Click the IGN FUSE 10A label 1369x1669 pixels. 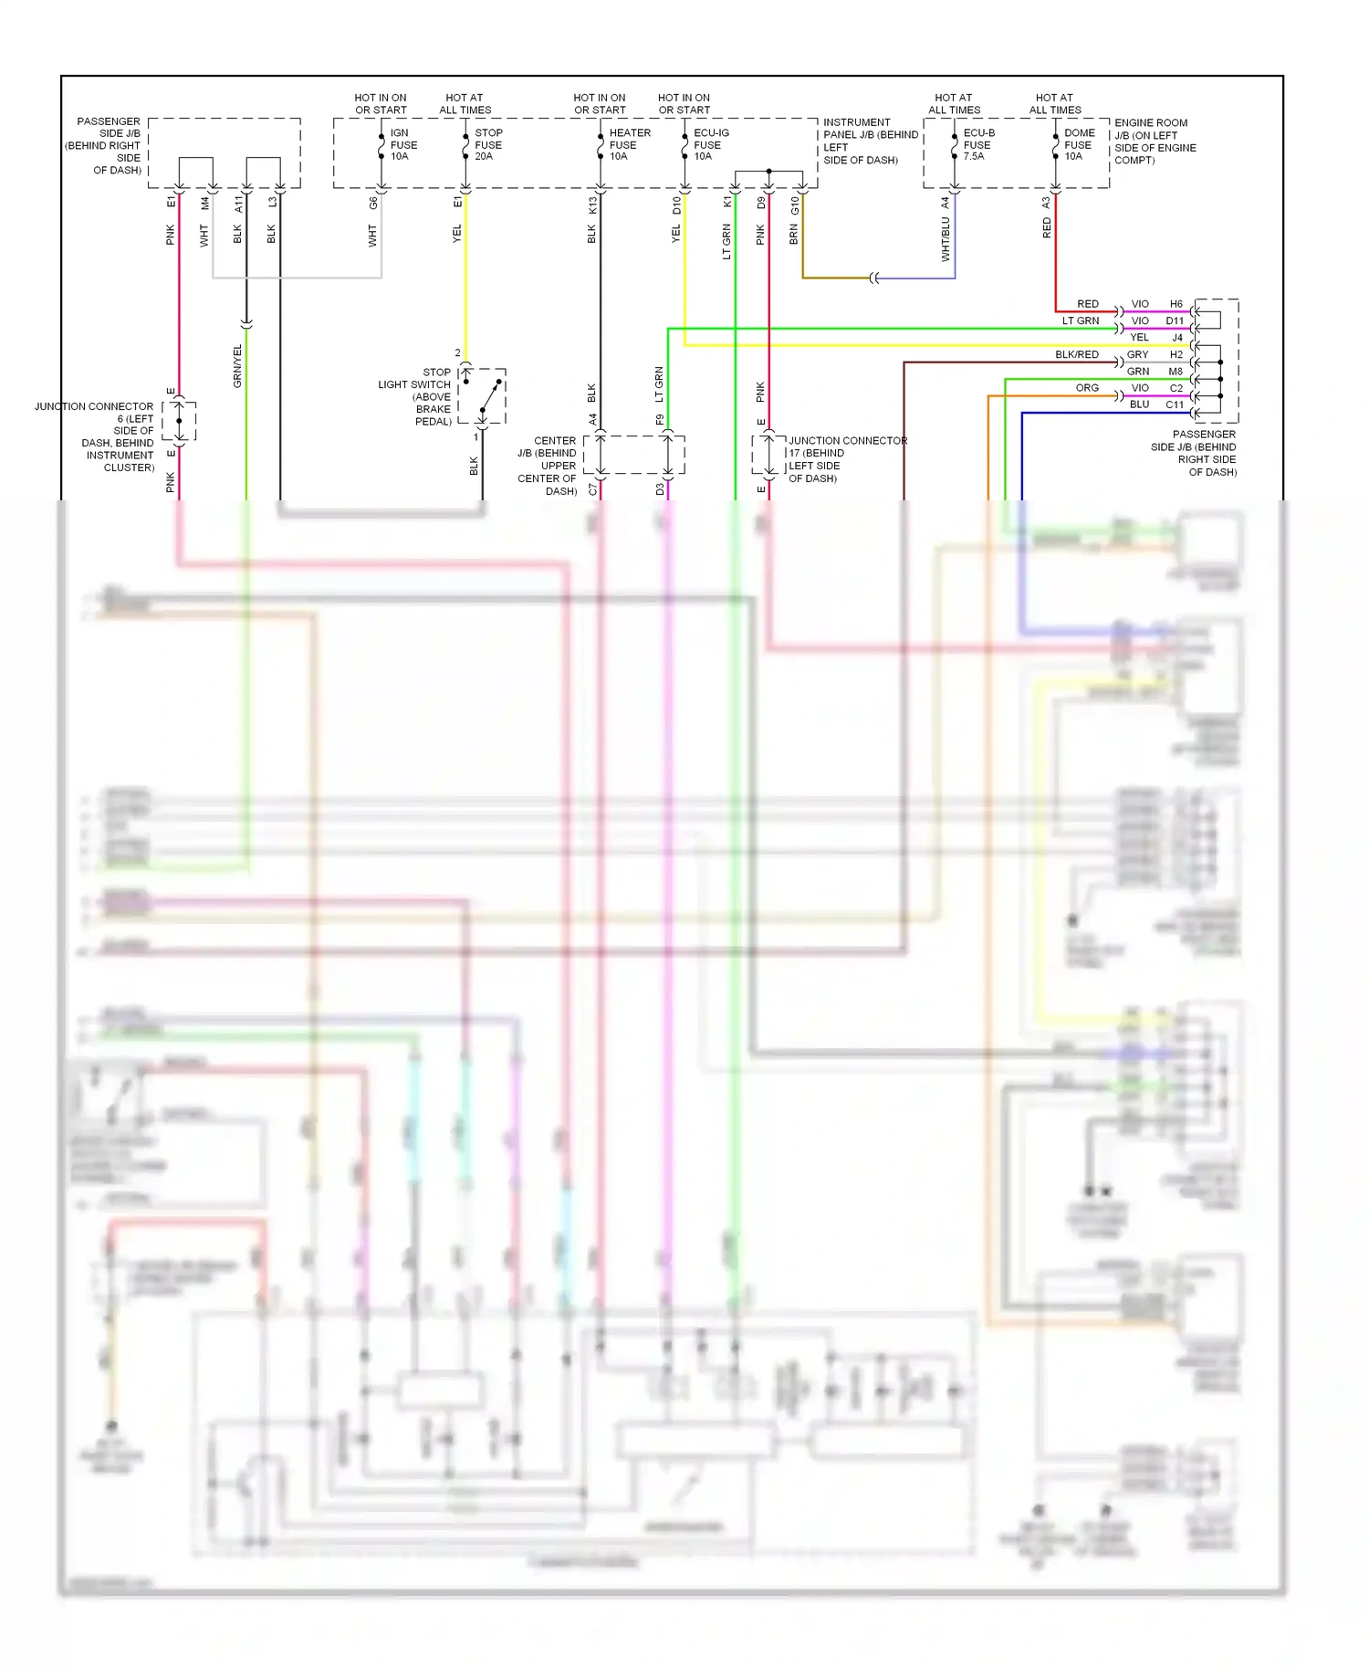point(402,144)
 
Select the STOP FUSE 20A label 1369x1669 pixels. point(487,144)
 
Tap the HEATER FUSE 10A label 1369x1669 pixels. point(629,144)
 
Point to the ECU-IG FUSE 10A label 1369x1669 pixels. point(710,144)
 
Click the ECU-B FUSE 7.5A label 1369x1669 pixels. point(977,144)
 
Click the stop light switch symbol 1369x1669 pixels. point(483,396)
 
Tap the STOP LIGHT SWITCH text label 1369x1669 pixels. point(415,396)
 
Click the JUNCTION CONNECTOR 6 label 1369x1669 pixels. point(95,436)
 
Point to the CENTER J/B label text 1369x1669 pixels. point(548,466)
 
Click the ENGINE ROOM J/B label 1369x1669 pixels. point(1154,141)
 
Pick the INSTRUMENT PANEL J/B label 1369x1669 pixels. point(870,141)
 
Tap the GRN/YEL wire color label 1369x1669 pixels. point(237,366)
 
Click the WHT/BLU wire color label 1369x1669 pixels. point(946,239)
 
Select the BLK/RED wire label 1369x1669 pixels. point(1077,354)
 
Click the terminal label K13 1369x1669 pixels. point(592,205)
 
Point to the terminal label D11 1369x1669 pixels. point(1175,320)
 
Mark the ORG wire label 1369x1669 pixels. point(1087,388)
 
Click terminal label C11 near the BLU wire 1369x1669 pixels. point(1175,404)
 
